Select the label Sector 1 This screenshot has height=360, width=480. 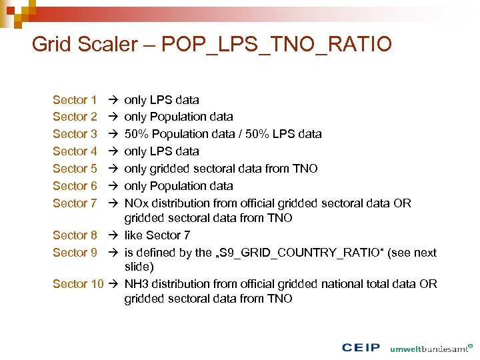coord(75,100)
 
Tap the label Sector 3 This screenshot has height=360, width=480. coord(75,134)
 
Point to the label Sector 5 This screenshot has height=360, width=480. coord(75,169)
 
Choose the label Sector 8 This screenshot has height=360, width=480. coord(75,235)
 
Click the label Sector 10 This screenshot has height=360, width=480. coord(78,283)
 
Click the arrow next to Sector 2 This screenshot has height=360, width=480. coord(113,117)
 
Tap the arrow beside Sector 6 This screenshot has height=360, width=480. coord(113,186)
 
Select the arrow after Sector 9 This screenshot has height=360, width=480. coord(113,252)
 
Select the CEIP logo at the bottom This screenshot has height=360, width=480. coord(360,348)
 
